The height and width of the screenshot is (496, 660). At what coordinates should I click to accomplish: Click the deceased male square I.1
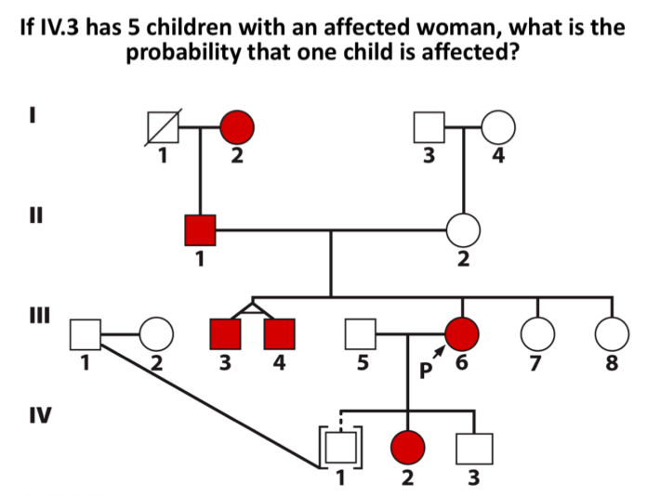pos(164,125)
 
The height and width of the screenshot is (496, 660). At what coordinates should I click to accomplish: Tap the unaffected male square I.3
pos(429,125)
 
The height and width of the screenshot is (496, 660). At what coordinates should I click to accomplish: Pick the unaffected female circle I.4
pos(498,125)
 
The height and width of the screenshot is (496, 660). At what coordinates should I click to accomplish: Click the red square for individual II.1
pos(200,228)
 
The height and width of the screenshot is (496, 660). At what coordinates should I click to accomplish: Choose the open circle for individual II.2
pos(463,228)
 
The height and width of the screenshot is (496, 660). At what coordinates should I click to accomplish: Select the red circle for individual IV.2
pos(408,449)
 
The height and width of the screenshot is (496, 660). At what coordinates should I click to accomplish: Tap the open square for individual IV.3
pos(473,449)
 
